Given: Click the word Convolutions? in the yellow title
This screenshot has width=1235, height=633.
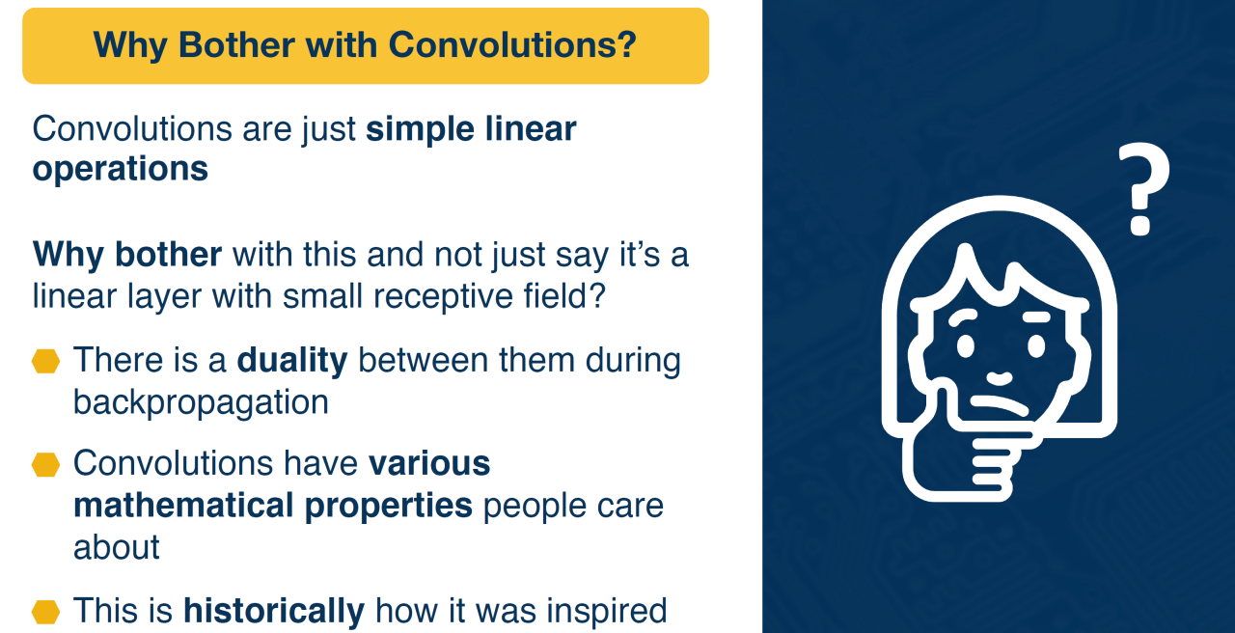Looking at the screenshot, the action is click(512, 44).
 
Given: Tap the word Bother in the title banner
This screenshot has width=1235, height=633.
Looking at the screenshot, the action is click(236, 44).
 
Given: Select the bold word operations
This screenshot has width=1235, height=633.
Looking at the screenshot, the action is click(121, 169).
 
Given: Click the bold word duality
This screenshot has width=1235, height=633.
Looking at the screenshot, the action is click(292, 360).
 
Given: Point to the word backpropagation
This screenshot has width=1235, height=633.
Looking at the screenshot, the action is click(201, 403).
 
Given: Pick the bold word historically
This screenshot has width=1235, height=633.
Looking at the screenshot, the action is click(274, 611).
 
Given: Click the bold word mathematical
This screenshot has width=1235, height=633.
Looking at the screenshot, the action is click(183, 505).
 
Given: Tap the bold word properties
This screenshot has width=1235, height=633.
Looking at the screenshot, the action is click(388, 507).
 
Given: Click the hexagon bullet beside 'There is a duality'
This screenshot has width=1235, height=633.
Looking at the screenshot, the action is click(45, 361).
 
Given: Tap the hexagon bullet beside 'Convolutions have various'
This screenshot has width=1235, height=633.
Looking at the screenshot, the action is click(45, 464).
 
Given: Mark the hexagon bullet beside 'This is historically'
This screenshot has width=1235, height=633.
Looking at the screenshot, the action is click(45, 612).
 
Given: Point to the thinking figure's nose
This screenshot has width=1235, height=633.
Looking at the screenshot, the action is click(999, 379).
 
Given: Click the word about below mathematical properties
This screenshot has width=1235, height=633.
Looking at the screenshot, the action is click(117, 547).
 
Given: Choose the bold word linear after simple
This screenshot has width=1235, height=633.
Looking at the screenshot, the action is click(531, 128).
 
